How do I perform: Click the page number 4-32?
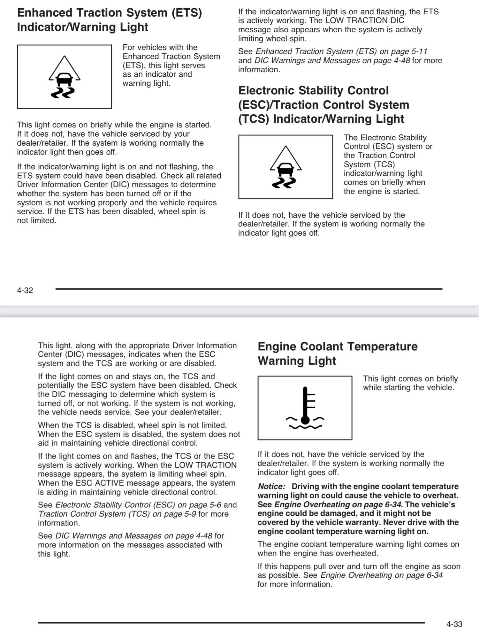click(x=25, y=290)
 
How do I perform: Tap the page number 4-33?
click(x=454, y=624)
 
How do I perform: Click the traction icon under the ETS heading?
click(x=65, y=77)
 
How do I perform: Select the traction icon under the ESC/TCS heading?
click(x=286, y=167)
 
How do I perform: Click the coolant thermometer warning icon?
click(x=305, y=408)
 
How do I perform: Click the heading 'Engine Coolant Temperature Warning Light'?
click(x=337, y=353)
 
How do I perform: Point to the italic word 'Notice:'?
click(x=271, y=487)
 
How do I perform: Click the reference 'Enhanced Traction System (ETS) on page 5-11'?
click(x=341, y=51)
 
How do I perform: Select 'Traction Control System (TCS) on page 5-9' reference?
click(x=117, y=514)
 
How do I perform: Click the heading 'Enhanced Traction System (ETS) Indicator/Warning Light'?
click(x=109, y=20)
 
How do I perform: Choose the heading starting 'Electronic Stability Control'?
click(x=324, y=105)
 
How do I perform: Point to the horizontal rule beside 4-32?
click(x=249, y=289)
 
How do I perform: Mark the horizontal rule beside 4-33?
click(x=231, y=623)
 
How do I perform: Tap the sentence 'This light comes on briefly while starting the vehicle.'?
click(x=410, y=383)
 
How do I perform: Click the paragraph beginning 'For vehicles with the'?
click(x=171, y=65)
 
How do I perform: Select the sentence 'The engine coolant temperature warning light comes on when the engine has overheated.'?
click(x=358, y=549)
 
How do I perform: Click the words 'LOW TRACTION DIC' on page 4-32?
click(x=365, y=21)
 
